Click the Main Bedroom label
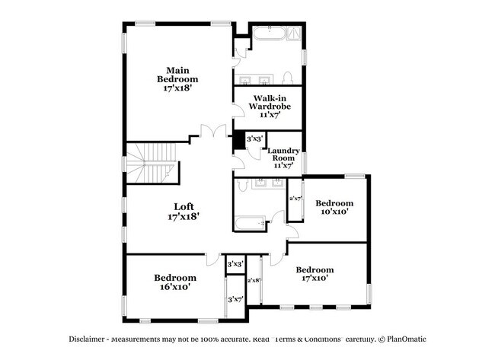click(177, 79)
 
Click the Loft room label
click(182, 211)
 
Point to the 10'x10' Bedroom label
click(334, 207)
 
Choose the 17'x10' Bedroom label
click(315, 274)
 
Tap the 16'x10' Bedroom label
click(174, 282)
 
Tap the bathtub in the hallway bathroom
click(250, 225)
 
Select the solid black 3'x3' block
click(238, 140)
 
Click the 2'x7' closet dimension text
click(295, 199)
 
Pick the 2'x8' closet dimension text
click(254, 280)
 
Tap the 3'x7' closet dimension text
click(235, 299)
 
